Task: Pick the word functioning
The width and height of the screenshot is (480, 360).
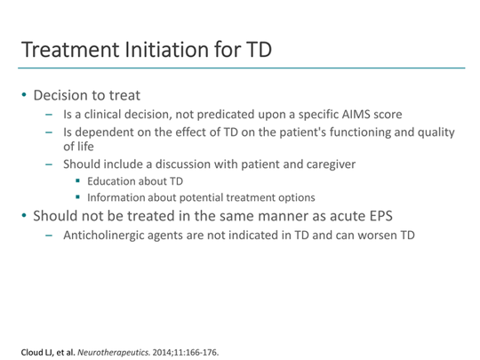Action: [363, 133]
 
